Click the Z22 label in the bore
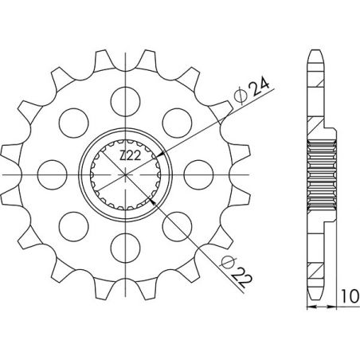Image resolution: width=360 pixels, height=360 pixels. pos(130,158)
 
